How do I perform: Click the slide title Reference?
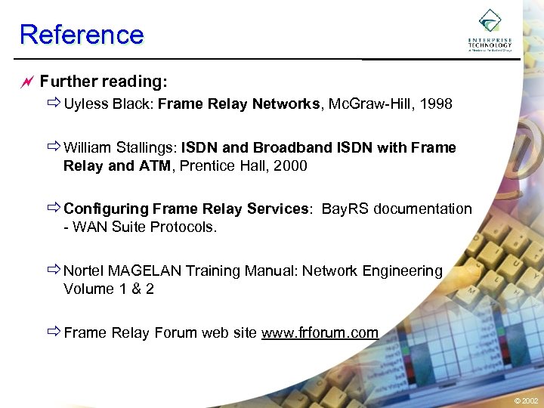point(82,35)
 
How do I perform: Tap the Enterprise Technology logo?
point(490,30)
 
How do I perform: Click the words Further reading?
point(103,80)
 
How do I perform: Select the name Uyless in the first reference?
point(86,104)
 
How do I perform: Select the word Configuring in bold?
point(106,209)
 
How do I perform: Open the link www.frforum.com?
point(320,332)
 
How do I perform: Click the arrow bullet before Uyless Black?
point(54,104)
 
